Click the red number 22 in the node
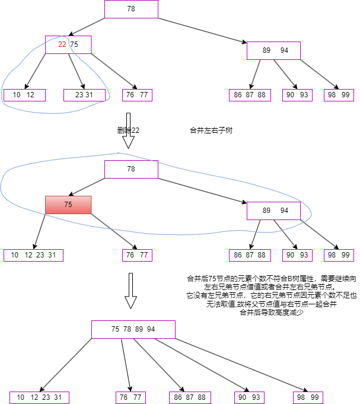(62, 44)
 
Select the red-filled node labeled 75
(68, 205)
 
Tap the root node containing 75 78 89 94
(133, 329)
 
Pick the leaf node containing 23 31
(84, 95)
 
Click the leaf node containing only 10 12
(24, 95)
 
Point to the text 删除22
(129, 130)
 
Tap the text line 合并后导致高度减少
(271, 312)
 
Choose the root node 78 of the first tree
(131, 9)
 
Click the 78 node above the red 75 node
(131, 169)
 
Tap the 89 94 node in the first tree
(273, 50)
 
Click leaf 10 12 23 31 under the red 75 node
(33, 255)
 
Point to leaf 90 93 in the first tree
(297, 95)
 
